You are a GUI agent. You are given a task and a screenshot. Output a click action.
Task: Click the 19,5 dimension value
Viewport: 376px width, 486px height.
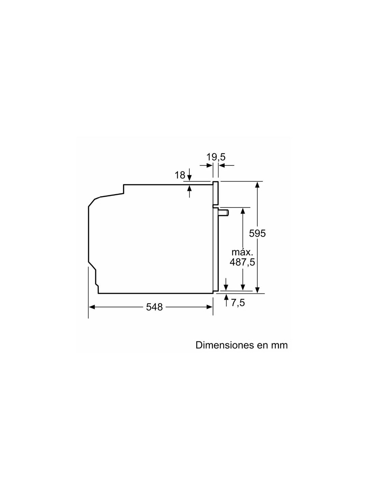(x=215, y=157)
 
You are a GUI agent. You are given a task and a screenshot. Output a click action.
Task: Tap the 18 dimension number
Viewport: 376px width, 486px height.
(x=179, y=175)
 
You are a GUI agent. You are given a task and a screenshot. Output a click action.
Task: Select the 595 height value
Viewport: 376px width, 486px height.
(x=257, y=233)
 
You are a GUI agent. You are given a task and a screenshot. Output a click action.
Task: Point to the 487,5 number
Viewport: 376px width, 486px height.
(x=242, y=262)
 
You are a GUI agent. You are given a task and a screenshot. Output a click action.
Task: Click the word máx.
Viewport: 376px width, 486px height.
(x=242, y=252)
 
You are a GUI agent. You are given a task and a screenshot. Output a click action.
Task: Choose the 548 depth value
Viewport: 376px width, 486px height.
(x=154, y=307)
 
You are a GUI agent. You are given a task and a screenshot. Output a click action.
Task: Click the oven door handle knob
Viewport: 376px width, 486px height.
(x=224, y=212)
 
